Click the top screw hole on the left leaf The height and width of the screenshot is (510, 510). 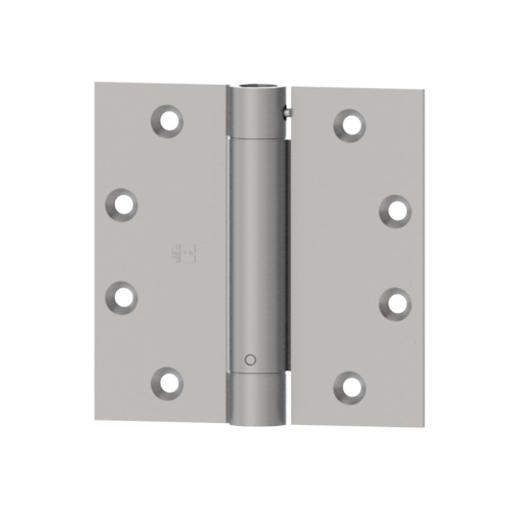167,120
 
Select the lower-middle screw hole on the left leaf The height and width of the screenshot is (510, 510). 122,297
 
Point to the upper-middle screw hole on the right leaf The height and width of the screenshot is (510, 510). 395,211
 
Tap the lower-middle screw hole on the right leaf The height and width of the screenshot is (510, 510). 395,304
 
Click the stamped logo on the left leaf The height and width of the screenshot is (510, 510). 183,254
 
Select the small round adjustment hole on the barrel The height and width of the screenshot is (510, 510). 249,360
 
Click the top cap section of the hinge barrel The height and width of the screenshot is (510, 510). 257,112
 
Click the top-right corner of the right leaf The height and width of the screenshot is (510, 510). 424,91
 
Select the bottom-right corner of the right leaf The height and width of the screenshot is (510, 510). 424,426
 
